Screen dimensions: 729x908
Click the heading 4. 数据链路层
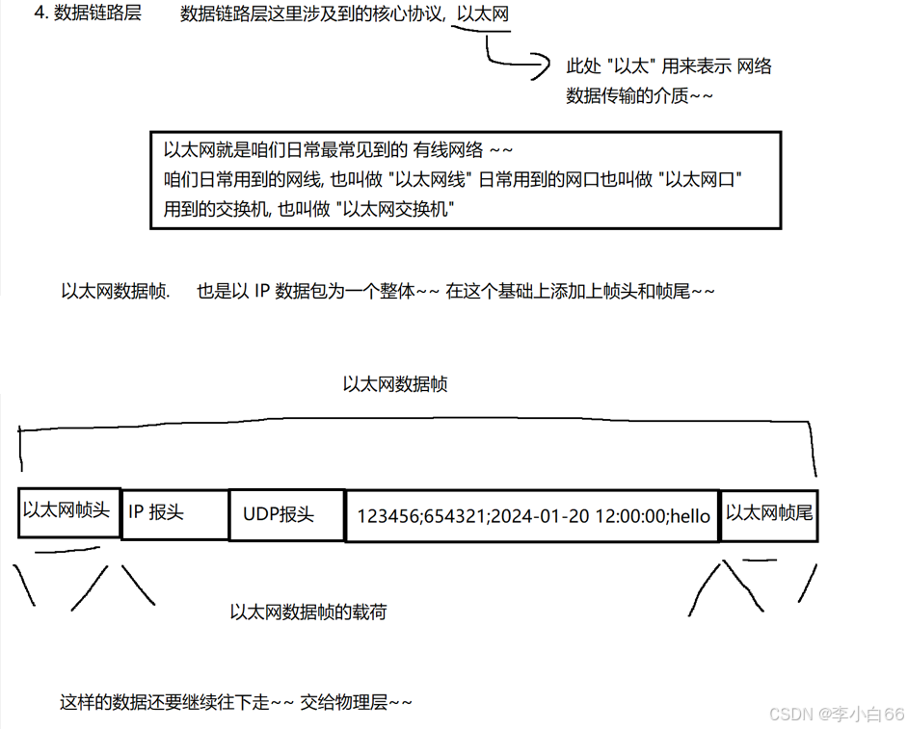(87, 14)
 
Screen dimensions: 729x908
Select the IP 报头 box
(174, 513)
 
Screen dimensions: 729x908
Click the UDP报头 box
(285, 515)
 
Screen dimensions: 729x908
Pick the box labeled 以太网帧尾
(769, 513)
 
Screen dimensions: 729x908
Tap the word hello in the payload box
(689, 516)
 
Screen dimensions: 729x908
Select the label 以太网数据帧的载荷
(308, 612)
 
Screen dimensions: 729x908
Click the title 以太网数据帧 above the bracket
(395, 384)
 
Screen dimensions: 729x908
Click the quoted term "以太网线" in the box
(422, 180)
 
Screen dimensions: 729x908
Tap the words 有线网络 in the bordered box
(447, 150)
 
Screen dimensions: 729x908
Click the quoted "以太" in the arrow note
(630, 66)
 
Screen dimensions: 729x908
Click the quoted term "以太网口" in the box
(700, 180)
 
